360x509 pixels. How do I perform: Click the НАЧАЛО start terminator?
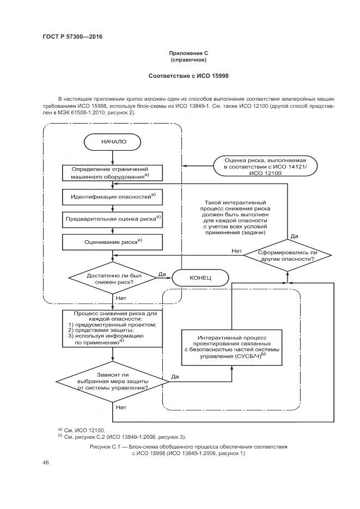tap(113, 142)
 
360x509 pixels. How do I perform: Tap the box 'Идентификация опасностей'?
tap(113, 196)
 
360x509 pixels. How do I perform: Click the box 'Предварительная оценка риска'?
tap(113, 218)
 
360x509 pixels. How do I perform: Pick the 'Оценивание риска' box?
tap(113, 241)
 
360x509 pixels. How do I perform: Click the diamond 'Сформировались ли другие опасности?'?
tap(287, 255)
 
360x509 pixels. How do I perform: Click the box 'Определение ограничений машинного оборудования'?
tap(113, 172)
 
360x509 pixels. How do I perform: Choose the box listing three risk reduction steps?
tap(113, 328)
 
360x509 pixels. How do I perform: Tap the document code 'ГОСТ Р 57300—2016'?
tap(72, 37)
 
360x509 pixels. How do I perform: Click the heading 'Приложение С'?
tap(188, 53)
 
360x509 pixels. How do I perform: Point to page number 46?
tap(46, 463)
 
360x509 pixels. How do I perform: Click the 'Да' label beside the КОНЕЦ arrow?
tap(162, 274)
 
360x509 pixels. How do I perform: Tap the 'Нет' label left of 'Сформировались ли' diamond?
tap(236, 251)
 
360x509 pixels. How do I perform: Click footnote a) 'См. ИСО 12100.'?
tap(81, 430)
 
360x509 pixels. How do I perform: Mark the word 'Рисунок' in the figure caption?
tap(101, 446)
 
